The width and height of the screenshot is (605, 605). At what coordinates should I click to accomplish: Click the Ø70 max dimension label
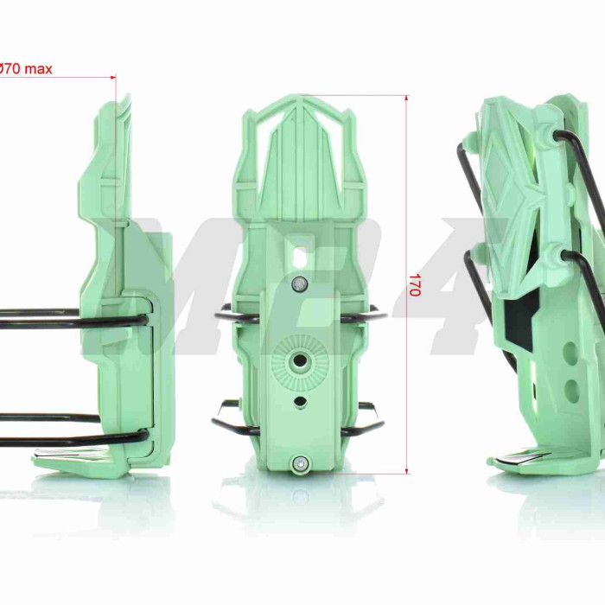pos(25,69)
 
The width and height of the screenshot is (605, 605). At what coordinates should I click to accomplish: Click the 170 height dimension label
pos(414,284)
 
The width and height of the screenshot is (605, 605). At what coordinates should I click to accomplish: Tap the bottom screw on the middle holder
pos(300,462)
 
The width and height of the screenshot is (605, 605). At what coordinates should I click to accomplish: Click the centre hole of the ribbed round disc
pos(299,361)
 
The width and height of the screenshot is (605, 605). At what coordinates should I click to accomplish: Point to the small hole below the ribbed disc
pos(299,401)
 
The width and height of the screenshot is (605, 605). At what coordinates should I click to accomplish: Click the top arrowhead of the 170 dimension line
pos(407,98)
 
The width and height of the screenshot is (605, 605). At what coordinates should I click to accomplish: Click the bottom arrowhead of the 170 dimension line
pos(407,470)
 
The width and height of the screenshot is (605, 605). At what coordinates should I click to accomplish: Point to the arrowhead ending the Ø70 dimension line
pos(113,77)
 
